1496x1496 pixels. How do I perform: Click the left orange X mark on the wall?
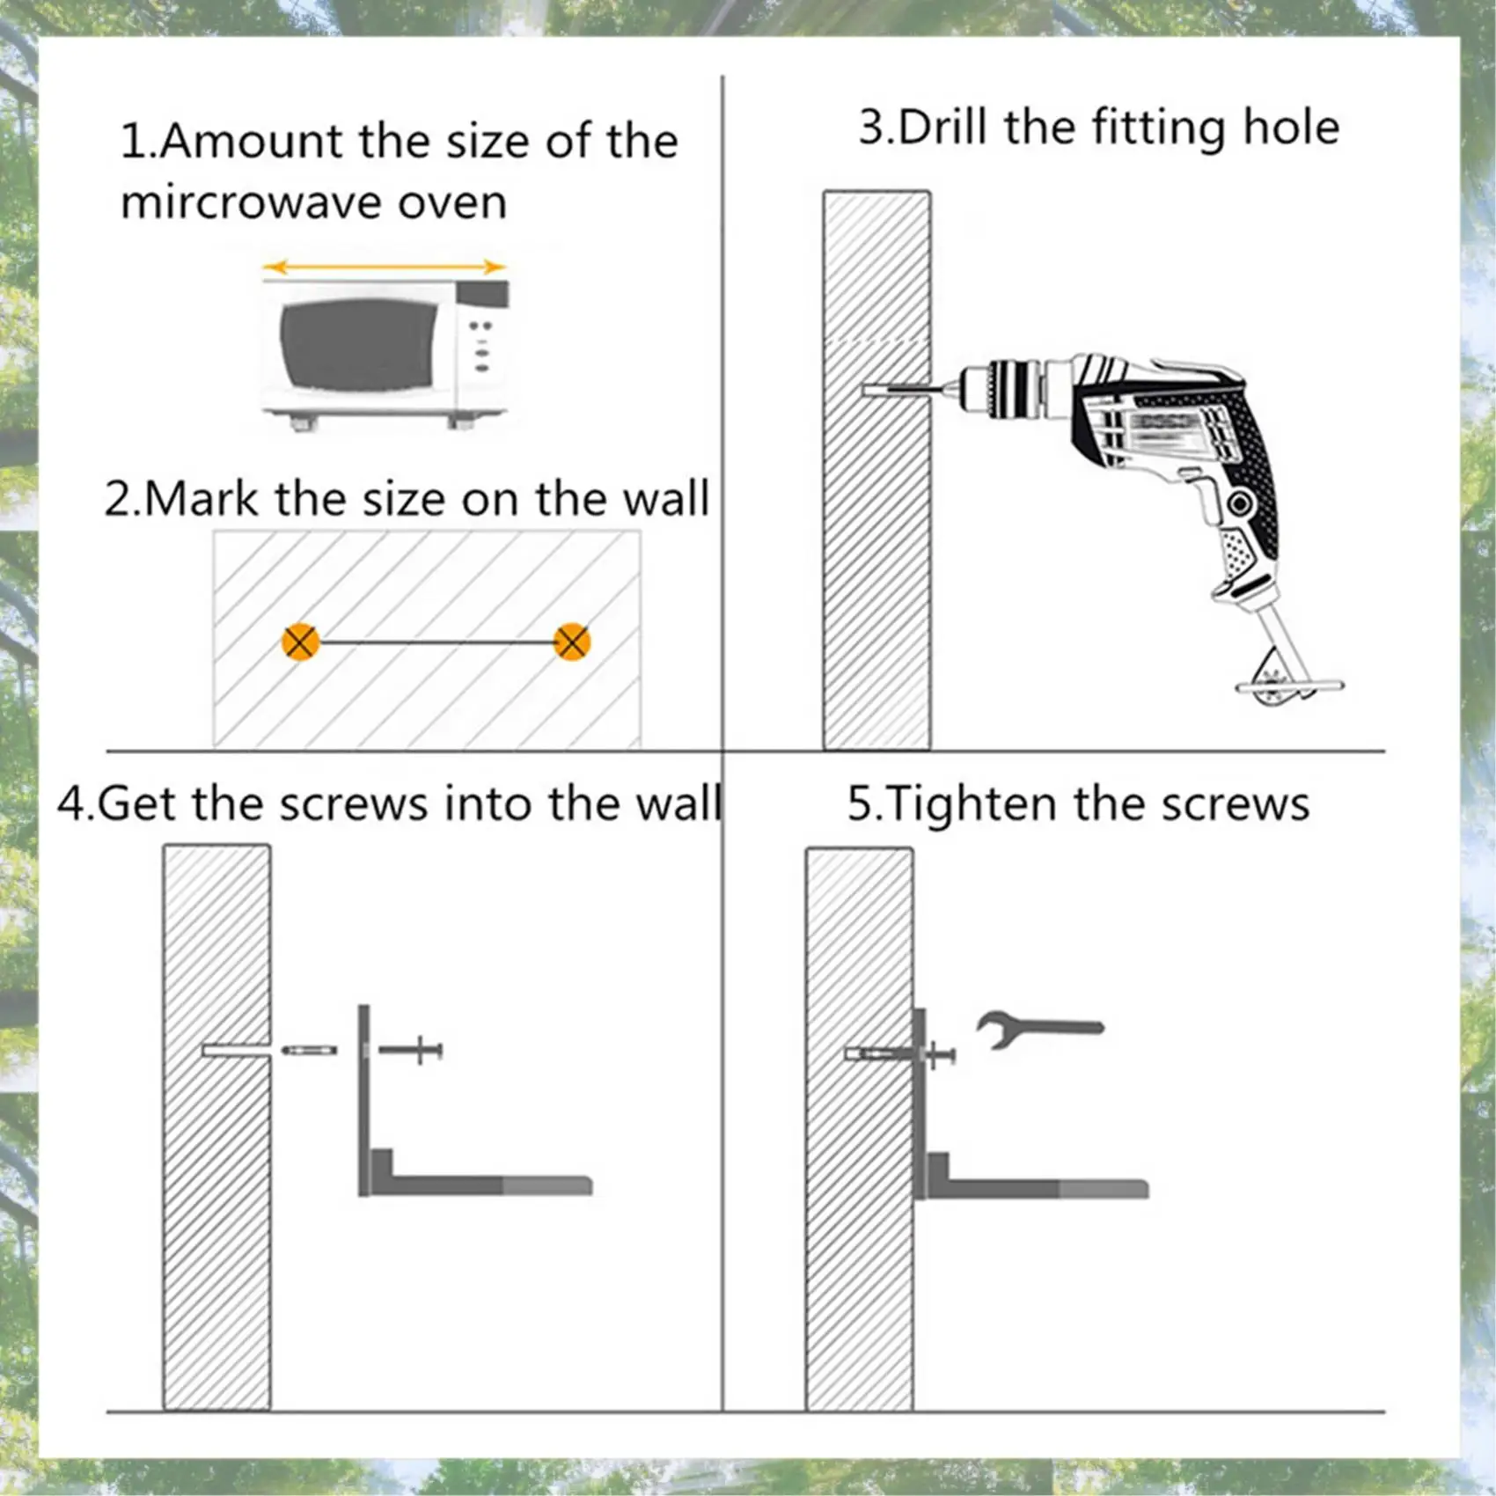pyautogui.click(x=301, y=642)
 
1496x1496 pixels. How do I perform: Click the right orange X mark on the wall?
pyautogui.click(x=572, y=642)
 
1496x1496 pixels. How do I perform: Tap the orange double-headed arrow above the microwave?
pyautogui.click(x=385, y=267)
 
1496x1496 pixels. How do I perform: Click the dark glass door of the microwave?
pyautogui.click(x=359, y=344)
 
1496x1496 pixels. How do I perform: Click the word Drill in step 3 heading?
pyautogui.click(x=942, y=127)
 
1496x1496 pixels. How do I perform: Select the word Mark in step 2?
pyautogui.click(x=202, y=499)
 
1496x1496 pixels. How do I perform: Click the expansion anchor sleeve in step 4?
pyautogui.click(x=309, y=1050)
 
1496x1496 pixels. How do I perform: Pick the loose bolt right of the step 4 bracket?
pyautogui.click(x=411, y=1050)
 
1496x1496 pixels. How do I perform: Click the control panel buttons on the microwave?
pyautogui.click(x=480, y=346)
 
